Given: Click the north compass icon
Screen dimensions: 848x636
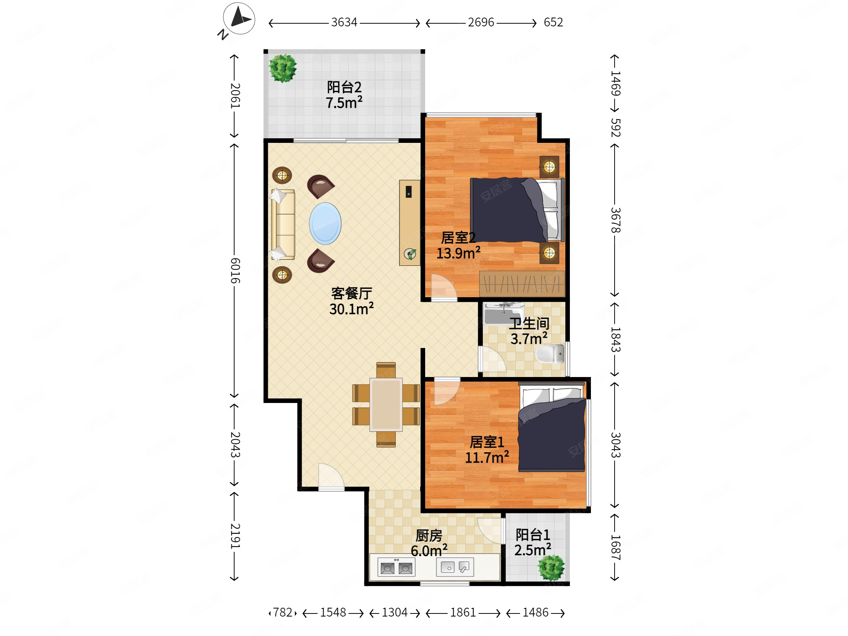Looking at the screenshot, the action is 239,18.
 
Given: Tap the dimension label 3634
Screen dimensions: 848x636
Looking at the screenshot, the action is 344,22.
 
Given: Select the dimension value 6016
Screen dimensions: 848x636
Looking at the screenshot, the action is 235,270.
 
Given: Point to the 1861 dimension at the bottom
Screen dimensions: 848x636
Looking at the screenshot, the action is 463,612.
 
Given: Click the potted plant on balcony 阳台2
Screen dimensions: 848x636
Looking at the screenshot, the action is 283,68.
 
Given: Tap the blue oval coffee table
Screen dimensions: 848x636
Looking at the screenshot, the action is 325,223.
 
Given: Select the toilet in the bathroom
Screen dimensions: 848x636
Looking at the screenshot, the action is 550,353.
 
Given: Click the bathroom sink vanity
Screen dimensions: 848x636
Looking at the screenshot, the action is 503,313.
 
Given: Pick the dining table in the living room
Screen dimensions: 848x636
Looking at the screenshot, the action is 386,405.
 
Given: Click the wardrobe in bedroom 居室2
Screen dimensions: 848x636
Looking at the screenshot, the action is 522,284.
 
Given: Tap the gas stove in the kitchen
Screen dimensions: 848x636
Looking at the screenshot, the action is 396,567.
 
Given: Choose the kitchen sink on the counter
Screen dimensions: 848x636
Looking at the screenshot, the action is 455,567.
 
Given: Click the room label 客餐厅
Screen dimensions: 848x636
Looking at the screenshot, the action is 351,293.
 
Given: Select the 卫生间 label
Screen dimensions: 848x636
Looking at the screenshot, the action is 529,324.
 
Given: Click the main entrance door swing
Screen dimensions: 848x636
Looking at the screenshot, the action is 331,476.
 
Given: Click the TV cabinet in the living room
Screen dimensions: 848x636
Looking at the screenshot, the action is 409,223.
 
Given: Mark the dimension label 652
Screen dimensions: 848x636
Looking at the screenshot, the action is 553,22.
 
